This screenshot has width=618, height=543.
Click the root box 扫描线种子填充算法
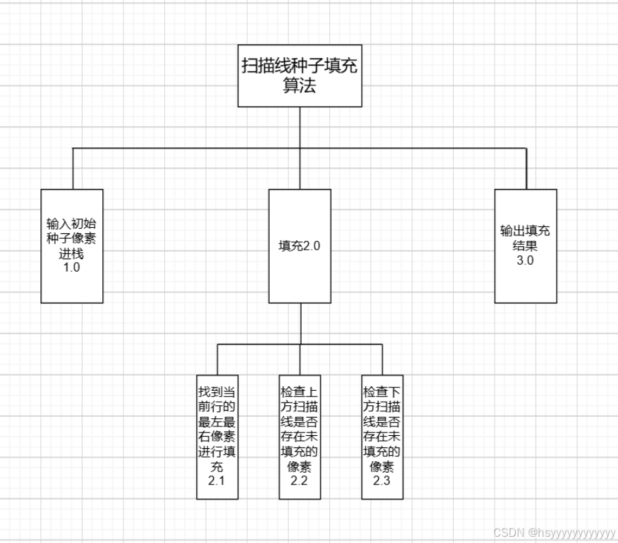pyautogui.click(x=300, y=76)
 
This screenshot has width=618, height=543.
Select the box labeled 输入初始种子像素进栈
pyautogui.click(x=72, y=246)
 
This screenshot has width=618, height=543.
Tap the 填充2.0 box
pyautogui.click(x=300, y=246)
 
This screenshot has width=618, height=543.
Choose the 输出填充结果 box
pyautogui.click(x=525, y=246)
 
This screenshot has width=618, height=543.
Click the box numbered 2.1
pyautogui.click(x=217, y=437)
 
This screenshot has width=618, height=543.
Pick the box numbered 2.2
pyautogui.click(x=300, y=437)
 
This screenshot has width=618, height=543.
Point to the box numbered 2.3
pyautogui.click(x=382, y=437)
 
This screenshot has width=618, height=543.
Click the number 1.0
pyautogui.click(x=72, y=268)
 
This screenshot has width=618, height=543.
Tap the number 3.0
pyautogui.click(x=525, y=259)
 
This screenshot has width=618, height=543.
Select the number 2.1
pyautogui.click(x=217, y=482)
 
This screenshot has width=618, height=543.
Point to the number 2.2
pyautogui.click(x=300, y=481)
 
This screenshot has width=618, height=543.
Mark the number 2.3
pyautogui.click(x=382, y=481)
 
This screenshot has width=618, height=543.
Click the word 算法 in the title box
pyautogui.click(x=300, y=87)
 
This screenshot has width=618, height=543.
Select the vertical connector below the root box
pyautogui.click(x=300, y=128)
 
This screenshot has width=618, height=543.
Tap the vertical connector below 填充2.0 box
pyautogui.click(x=300, y=323)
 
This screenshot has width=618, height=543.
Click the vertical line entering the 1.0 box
pyautogui.click(x=73, y=168)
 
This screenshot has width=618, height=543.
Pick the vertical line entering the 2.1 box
pyautogui.click(x=217, y=359)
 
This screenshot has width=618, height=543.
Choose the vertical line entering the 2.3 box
pyautogui.click(x=382, y=359)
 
